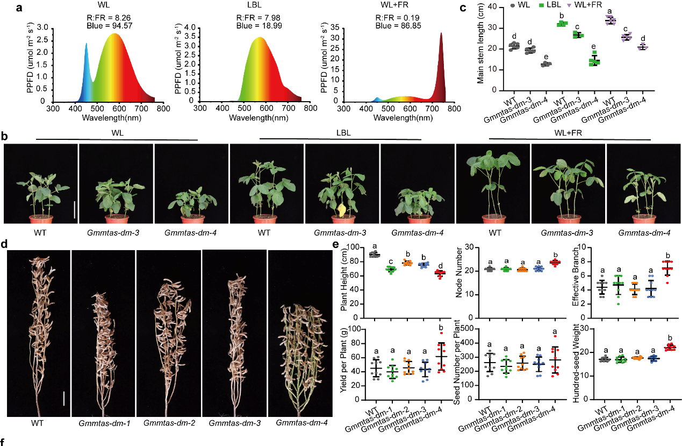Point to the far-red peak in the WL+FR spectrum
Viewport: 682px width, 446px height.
(441, 33)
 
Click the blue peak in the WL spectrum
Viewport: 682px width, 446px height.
(86, 44)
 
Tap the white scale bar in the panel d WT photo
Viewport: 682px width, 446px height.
(63, 398)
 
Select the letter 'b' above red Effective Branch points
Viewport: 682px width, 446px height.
(666, 256)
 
